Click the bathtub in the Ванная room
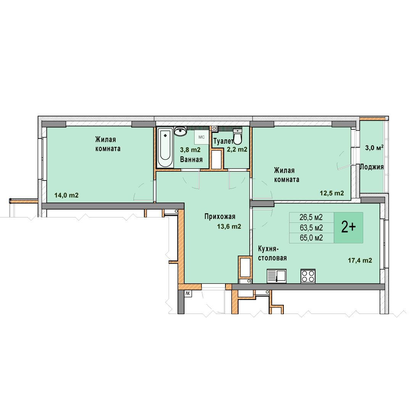165,147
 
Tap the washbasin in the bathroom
180,131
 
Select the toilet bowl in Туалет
238,137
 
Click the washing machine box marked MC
201,137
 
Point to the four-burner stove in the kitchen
308,276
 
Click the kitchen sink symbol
277,276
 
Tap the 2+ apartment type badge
348,227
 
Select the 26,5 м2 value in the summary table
311,217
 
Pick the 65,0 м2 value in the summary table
311,238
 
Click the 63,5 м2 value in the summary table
311,227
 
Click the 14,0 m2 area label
66,195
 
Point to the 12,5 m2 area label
332,193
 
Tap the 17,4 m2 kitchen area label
360,261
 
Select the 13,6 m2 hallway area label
229,226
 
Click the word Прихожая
220,217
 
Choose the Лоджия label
372,167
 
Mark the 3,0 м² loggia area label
374,148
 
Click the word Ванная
191,159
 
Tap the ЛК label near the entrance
188,293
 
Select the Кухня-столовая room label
272,253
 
